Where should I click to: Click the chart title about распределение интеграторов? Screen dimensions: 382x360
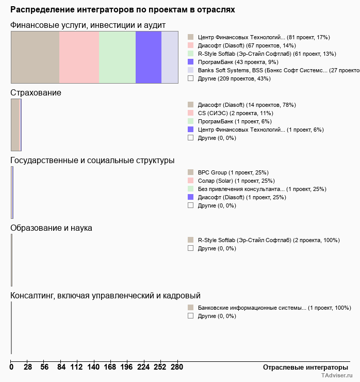pos(122,10)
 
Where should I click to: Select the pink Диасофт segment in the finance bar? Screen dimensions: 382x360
pos(79,57)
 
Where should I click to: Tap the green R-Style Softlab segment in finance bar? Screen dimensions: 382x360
pos(117,57)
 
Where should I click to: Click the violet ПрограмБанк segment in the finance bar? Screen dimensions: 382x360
pos(149,57)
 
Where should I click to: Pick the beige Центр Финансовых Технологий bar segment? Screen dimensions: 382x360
pos(35,57)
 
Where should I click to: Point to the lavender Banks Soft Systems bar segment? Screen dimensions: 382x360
pos(170,57)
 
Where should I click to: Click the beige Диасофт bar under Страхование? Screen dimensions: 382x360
pos(15,125)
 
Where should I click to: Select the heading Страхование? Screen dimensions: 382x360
pos(36,93)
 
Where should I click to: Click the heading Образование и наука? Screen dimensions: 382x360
pos(51,228)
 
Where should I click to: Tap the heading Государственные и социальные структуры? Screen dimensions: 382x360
pos(92,161)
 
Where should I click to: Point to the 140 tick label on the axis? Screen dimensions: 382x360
pos(93,367)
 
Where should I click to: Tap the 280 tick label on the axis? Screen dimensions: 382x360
pos(177,367)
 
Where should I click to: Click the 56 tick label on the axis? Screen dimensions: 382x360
pos(45,367)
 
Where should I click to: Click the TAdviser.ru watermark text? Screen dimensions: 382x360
pos(337,376)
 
